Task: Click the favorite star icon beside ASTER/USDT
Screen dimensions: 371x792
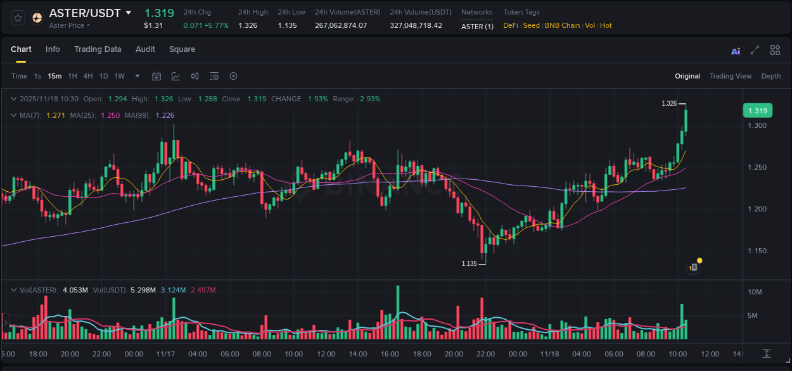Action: [x=18, y=18]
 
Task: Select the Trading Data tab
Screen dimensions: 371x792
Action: [x=98, y=49]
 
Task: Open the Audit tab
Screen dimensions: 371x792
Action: [x=145, y=49]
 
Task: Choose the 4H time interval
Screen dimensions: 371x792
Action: [x=88, y=76]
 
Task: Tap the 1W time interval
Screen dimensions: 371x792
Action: [x=119, y=76]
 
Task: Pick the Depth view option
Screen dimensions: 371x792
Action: [x=770, y=76]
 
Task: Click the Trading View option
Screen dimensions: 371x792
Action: [x=730, y=76]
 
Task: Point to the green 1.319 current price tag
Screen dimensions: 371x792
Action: [x=757, y=111]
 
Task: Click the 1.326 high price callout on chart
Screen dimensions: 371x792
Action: [x=669, y=103]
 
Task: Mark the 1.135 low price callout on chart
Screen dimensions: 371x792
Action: [x=469, y=263]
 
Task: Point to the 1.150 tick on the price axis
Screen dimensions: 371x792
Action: [x=757, y=251]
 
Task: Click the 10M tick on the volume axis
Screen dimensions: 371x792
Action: [x=754, y=292]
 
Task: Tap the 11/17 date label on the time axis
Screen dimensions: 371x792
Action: [x=165, y=354]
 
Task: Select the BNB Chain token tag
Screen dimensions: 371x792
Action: [x=562, y=25]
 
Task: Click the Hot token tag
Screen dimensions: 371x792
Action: [x=606, y=25]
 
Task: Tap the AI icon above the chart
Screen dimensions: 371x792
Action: [x=736, y=51]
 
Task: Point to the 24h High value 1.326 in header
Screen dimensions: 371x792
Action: [x=248, y=25]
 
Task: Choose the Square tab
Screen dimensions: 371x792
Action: [x=182, y=49]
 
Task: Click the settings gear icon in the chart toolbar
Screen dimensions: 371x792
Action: [x=233, y=76]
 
